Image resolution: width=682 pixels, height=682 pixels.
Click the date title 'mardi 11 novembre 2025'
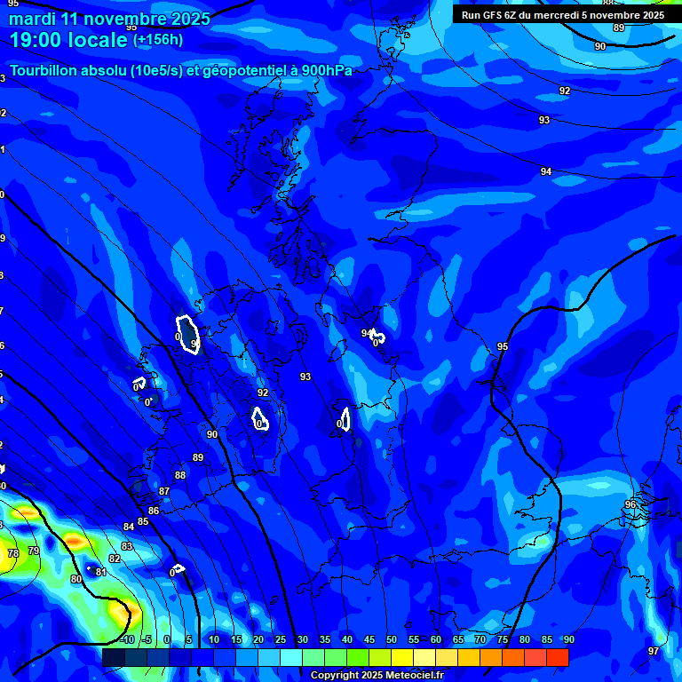pyautogui.click(x=110, y=19)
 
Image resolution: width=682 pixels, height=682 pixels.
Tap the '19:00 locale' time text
pyautogui.click(x=69, y=39)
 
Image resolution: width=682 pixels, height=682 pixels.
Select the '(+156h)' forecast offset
pyautogui.click(x=158, y=39)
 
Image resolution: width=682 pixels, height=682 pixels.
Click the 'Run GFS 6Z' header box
pyautogui.click(x=562, y=15)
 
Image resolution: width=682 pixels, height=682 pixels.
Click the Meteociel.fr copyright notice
pyautogui.click(x=377, y=676)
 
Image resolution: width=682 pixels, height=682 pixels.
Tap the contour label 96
pyautogui.click(x=630, y=504)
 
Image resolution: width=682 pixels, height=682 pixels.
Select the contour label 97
pyautogui.click(x=654, y=651)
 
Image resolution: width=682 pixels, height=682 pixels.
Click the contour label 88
pyautogui.click(x=180, y=475)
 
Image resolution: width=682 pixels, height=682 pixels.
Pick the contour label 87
pyautogui.click(x=164, y=491)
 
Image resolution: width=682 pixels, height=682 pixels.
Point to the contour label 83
pyautogui.click(x=127, y=546)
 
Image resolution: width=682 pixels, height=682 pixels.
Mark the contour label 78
pyautogui.click(x=13, y=553)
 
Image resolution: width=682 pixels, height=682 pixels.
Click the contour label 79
pyautogui.click(x=34, y=551)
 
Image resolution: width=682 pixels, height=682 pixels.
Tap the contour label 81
pyautogui.click(x=101, y=572)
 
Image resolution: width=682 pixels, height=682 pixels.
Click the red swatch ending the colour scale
pyautogui.click(x=558, y=656)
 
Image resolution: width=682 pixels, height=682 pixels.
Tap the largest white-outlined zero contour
pyautogui.click(x=187, y=334)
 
